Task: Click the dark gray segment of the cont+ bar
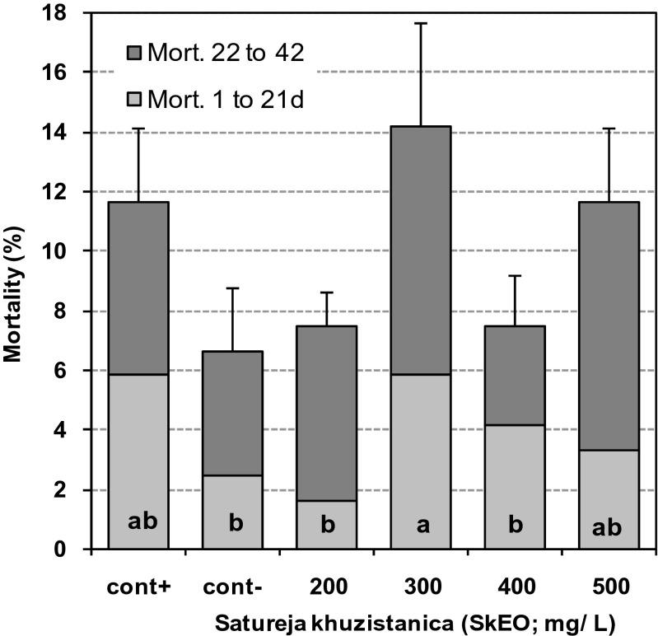point(138,288)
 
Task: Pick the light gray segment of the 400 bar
point(515,486)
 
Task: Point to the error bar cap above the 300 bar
point(420,23)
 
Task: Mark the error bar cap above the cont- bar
point(232,288)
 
